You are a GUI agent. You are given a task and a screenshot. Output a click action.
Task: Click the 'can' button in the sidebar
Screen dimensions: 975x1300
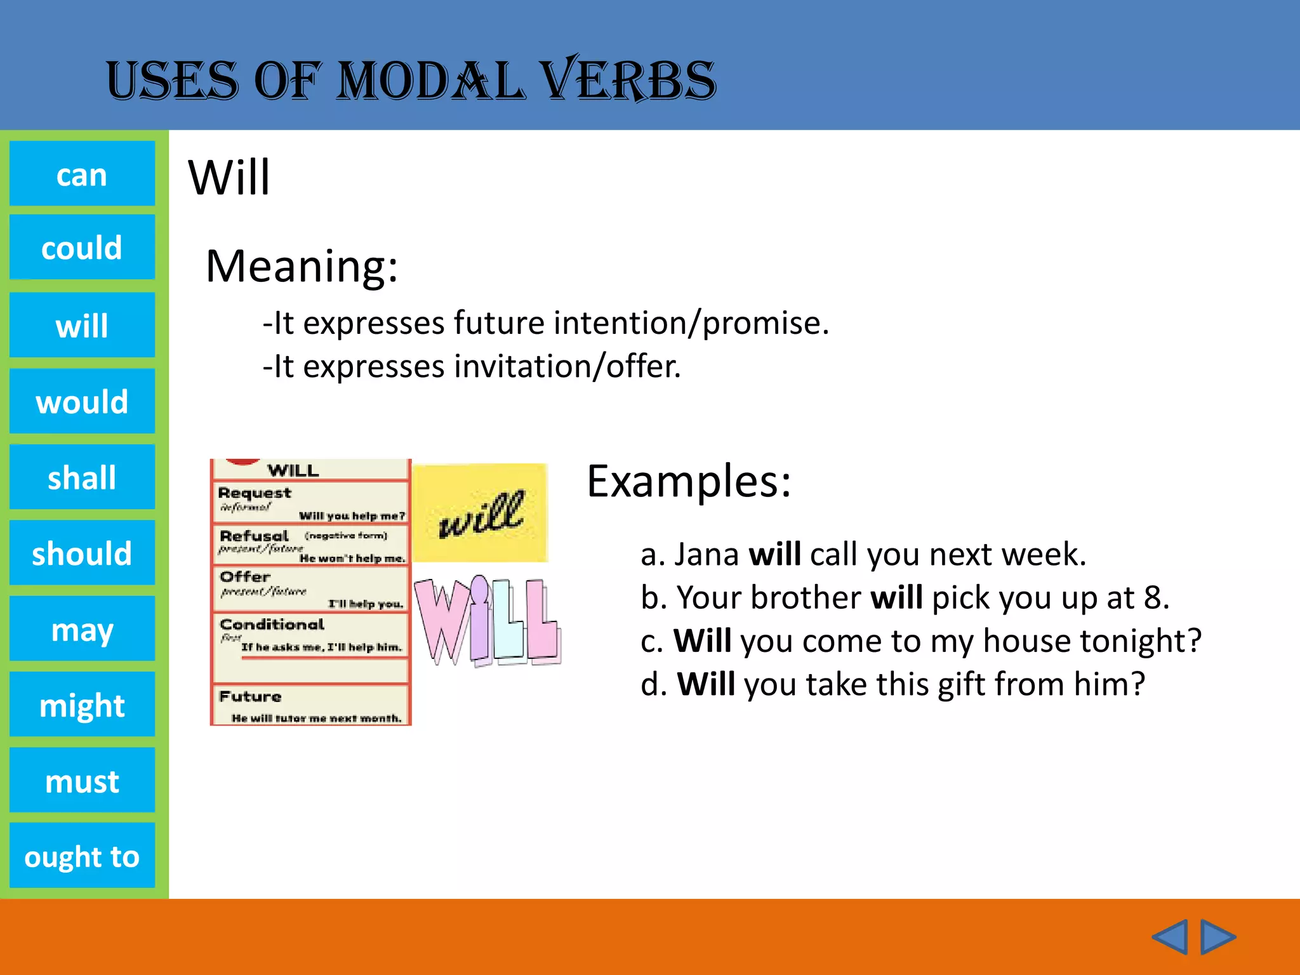point(82,174)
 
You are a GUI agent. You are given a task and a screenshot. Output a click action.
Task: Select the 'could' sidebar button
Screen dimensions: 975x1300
point(82,248)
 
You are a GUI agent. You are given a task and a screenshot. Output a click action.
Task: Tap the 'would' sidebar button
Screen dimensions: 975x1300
point(82,401)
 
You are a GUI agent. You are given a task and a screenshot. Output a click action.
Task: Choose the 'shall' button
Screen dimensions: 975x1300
point(82,477)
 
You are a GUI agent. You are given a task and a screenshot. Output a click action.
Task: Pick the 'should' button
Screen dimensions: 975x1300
point(82,553)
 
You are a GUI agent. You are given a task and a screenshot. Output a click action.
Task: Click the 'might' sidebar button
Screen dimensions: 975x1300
point(82,705)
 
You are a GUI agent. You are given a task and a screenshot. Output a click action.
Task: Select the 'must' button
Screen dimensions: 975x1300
point(82,780)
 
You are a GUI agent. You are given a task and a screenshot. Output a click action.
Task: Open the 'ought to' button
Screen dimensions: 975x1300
point(82,856)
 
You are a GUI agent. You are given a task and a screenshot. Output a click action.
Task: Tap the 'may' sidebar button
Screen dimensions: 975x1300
point(82,629)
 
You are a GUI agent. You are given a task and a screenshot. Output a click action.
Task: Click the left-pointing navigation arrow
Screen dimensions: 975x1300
point(1169,936)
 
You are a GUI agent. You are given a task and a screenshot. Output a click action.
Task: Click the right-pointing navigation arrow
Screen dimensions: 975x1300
point(1217,936)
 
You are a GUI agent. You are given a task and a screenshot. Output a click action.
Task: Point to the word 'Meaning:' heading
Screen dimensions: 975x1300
point(302,267)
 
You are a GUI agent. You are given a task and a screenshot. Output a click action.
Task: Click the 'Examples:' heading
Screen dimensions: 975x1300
point(689,481)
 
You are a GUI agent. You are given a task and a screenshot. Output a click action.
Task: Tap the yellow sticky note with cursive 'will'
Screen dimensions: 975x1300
point(481,513)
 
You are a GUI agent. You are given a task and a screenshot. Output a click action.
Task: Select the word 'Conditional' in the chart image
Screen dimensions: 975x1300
point(272,625)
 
